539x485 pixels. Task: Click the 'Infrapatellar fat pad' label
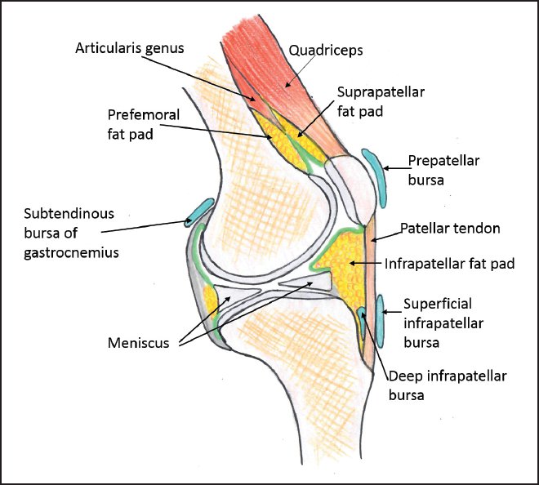444,264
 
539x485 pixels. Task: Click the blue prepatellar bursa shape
376,171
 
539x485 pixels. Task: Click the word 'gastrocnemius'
73,253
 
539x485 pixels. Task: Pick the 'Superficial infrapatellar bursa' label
443,323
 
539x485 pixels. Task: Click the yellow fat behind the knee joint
209,300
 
